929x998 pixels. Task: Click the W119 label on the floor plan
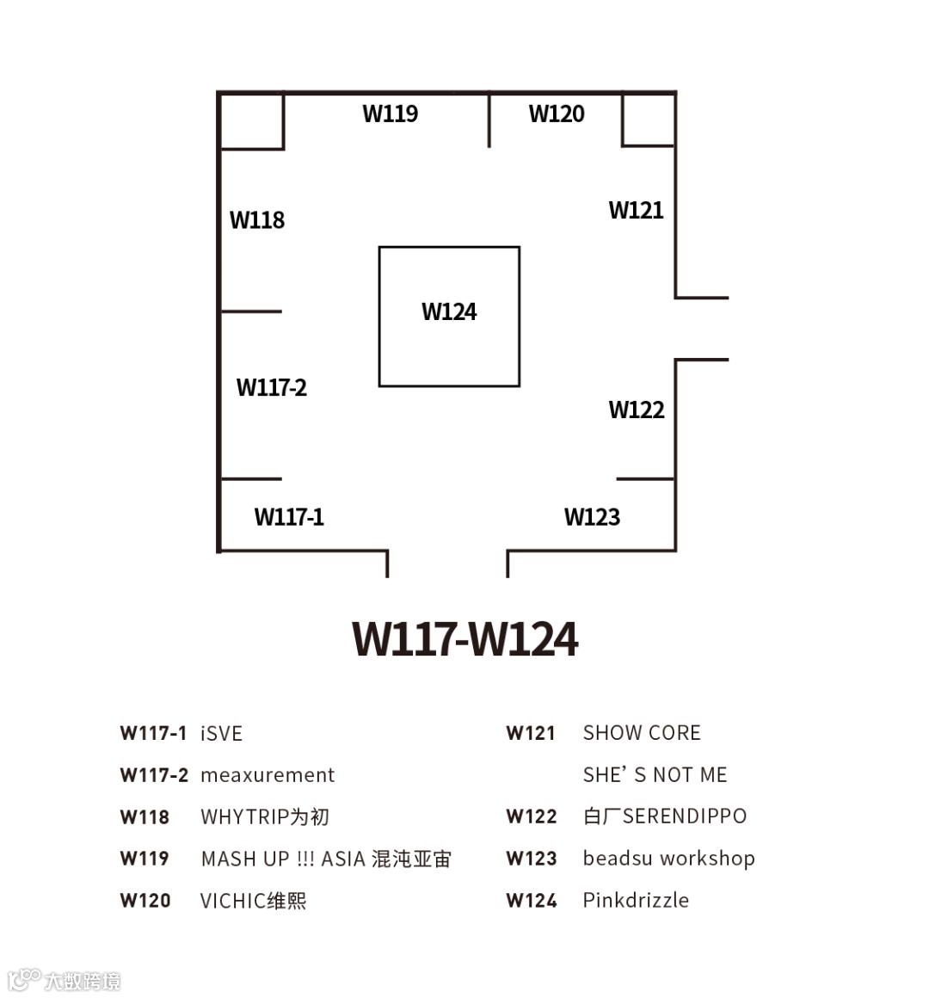[391, 114]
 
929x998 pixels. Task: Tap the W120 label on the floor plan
[557, 114]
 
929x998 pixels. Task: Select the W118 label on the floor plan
[257, 220]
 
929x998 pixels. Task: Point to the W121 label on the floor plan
[636, 210]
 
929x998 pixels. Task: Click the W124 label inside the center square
[449, 311]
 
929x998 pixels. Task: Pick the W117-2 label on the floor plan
[272, 387]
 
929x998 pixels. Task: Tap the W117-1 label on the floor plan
[289, 517]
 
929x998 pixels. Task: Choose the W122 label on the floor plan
[637, 410]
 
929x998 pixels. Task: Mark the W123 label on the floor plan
[592, 517]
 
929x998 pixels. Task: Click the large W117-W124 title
[465, 639]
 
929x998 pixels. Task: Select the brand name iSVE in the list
[221, 734]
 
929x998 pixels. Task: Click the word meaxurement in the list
[268, 775]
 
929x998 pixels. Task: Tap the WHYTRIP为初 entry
[265, 816]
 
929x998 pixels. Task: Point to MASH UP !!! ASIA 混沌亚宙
[326, 859]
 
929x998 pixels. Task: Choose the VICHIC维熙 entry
[253, 901]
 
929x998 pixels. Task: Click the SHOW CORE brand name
[642, 733]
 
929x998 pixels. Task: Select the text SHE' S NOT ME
[655, 775]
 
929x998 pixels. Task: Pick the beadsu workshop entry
[668, 859]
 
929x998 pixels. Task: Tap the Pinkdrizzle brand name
[636, 900]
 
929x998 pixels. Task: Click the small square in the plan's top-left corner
[252, 121]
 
